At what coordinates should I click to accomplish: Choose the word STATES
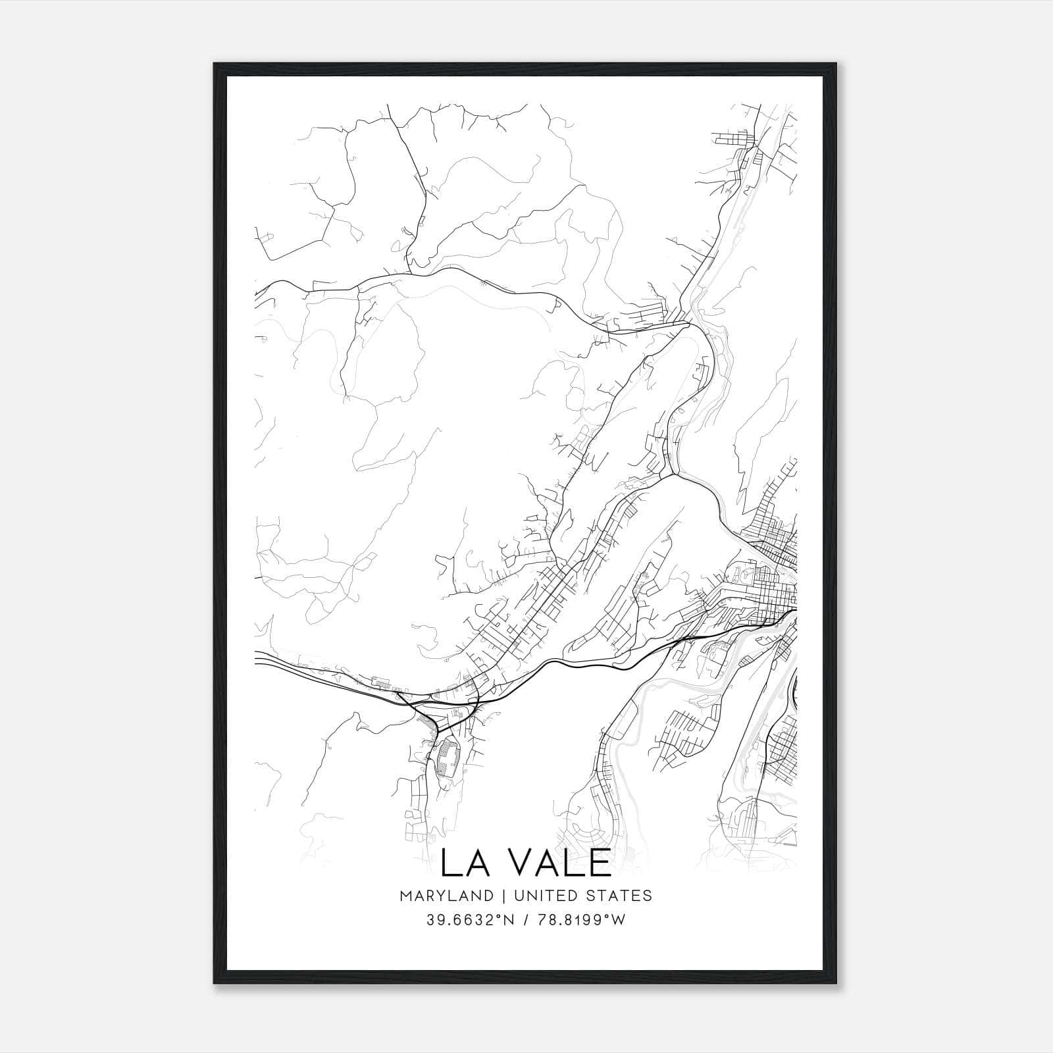[x=620, y=896]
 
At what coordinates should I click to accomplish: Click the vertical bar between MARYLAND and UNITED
[x=502, y=896]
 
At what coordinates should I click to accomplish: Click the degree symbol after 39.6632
[x=495, y=916]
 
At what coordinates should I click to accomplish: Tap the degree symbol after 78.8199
[x=607, y=916]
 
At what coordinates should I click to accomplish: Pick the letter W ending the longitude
[x=618, y=920]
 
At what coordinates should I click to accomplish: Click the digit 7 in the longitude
[x=542, y=920]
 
